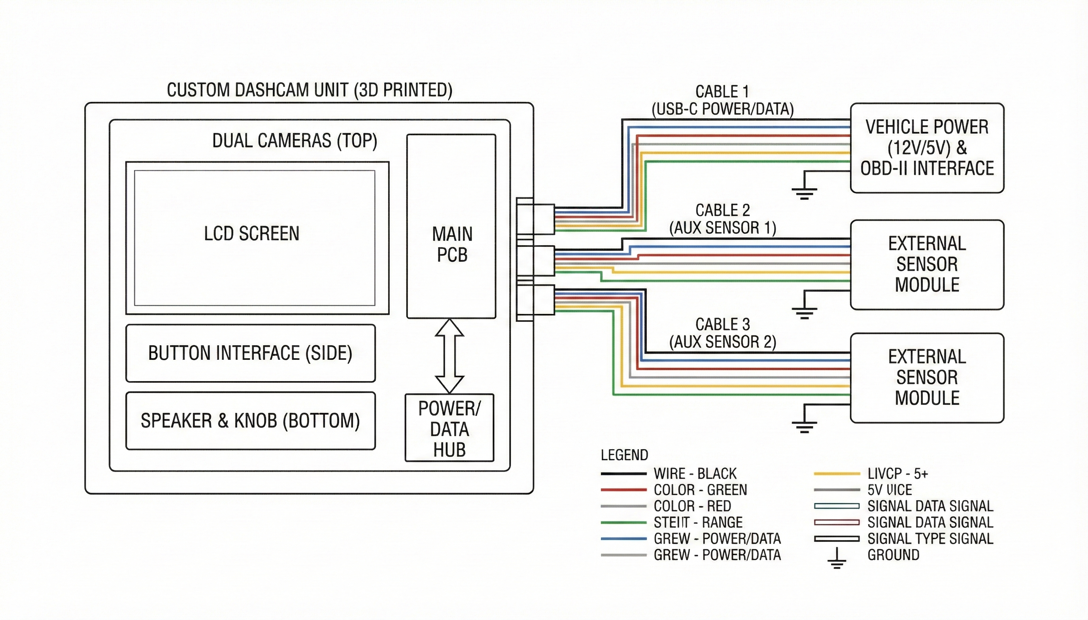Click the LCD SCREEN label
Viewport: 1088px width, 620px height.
251,234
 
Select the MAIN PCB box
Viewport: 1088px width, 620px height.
451,226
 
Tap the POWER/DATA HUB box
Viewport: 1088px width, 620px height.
449,428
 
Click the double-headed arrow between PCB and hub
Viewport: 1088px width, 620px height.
450,356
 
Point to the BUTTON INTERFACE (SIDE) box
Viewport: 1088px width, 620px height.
250,353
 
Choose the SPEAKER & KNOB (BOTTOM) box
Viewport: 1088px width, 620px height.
250,421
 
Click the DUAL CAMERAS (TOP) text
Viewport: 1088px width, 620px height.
295,141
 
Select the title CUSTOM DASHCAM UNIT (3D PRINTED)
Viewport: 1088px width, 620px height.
310,90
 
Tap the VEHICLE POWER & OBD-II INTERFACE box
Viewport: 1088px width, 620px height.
927,148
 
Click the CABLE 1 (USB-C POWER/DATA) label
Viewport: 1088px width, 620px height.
722,100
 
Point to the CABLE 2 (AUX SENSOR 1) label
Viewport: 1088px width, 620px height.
722,219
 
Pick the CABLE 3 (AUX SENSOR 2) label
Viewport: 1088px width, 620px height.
722,333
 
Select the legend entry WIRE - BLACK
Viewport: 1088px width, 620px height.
695,474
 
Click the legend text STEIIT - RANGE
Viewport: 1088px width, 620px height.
698,522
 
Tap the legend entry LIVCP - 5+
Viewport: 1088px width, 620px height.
897,474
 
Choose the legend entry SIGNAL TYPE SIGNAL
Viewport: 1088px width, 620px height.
930,539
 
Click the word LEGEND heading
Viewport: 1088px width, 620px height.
624,455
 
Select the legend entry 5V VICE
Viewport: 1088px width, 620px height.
890,490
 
